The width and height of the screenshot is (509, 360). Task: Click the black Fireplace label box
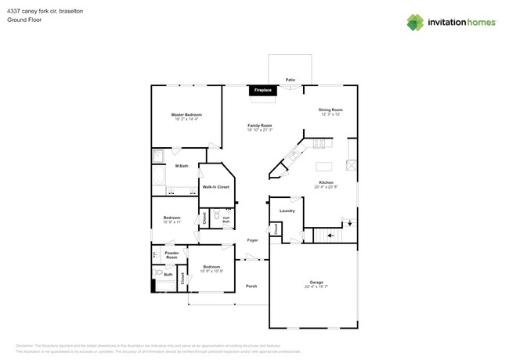(x=262, y=91)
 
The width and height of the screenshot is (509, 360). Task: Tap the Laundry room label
(x=287, y=211)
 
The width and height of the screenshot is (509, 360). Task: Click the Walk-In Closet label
(x=215, y=187)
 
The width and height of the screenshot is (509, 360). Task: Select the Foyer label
(x=252, y=240)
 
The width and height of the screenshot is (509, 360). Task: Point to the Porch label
(x=251, y=286)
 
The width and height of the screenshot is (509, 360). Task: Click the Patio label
(x=290, y=80)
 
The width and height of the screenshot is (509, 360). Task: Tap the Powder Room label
(x=171, y=255)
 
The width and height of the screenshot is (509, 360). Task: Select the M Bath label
(x=181, y=166)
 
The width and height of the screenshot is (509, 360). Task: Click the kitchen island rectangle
(x=325, y=166)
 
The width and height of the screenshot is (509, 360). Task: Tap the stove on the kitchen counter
(x=319, y=143)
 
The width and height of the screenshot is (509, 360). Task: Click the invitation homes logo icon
(x=415, y=22)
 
